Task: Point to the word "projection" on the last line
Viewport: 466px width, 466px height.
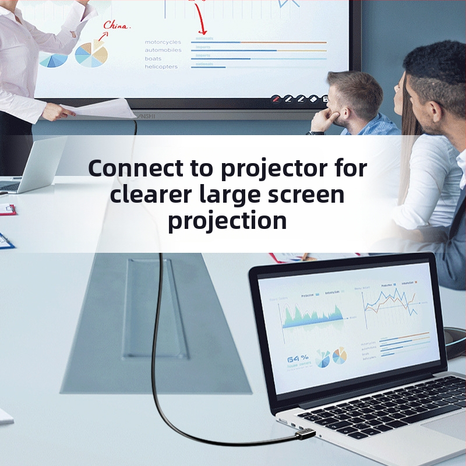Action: click(227, 221)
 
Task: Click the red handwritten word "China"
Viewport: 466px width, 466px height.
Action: click(117, 26)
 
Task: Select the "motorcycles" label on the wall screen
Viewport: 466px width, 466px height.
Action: click(163, 42)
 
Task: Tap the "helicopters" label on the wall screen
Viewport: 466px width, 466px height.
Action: click(161, 66)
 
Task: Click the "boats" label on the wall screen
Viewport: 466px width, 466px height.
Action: click(153, 58)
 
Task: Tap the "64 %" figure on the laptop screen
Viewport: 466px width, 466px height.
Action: click(297, 359)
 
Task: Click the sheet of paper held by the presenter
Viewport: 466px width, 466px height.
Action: click(105, 108)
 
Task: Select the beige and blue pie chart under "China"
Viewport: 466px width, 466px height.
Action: click(92, 54)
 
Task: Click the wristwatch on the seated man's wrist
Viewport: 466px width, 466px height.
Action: click(315, 132)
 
